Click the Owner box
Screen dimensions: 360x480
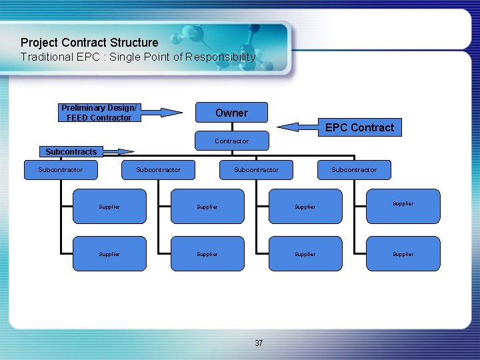pyautogui.click(x=231, y=113)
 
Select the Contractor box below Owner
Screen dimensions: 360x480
pyautogui.click(x=231, y=141)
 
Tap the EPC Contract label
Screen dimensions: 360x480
pyautogui.click(x=359, y=127)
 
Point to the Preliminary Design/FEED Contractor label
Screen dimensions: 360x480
pyautogui.click(x=99, y=113)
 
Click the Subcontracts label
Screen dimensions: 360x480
pyautogui.click(x=71, y=152)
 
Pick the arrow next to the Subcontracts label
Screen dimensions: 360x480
pyautogui.click(x=116, y=151)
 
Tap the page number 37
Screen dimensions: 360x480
pyautogui.click(x=259, y=343)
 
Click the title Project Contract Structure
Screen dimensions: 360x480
pyautogui.click(x=89, y=43)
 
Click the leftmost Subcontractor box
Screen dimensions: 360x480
pyautogui.click(x=61, y=170)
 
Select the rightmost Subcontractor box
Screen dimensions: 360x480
pyautogui.click(x=354, y=170)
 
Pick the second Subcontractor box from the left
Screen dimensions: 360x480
pyautogui.click(x=158, y=170)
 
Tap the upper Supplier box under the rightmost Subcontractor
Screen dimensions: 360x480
pyautogui.click(x=403, y=205)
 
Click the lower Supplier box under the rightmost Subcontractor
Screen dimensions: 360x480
pyautogui.click(x=403, y=254)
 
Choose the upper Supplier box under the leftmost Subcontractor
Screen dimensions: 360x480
pyautogui.click(x=109, y=207)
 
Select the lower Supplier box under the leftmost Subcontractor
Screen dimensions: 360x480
pyautogui.click(x=109, y=254)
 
